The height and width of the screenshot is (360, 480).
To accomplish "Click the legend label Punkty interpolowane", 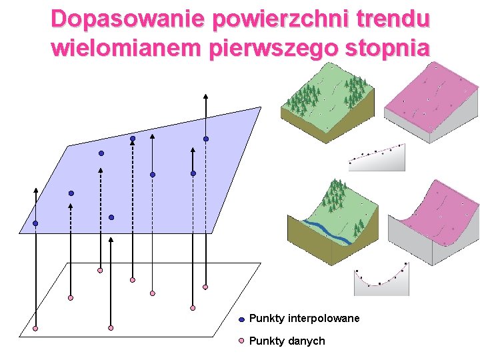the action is (x=304, y=319).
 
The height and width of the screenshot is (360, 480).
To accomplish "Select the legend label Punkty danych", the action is (x=287, y=341).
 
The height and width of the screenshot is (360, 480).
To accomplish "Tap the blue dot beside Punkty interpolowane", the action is (x=241, y=319).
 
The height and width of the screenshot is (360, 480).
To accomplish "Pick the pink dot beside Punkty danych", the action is (x=241, y=341).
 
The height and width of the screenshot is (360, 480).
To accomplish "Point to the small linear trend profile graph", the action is (x=377, y=158).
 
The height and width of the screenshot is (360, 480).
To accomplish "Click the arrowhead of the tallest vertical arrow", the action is (x=206, y=97).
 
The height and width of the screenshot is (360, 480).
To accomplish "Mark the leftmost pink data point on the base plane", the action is (x=35, y=329).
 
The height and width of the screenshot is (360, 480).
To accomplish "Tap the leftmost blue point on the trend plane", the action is (x=35, y=223).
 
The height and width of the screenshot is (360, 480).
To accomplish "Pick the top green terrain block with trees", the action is (x=327, y=100).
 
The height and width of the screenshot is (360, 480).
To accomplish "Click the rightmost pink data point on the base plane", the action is (x=205, y=287).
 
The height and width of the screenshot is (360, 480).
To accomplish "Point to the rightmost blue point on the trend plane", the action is (x=206, y=139).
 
